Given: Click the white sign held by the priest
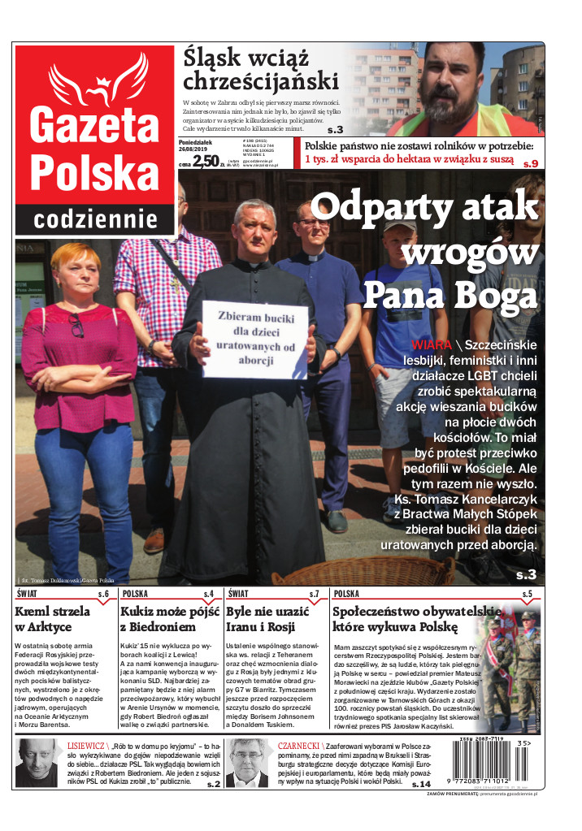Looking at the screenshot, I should click(254, 340).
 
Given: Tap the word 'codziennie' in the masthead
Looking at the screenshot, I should click(96, 219).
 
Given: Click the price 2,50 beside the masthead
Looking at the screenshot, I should click(206, 161).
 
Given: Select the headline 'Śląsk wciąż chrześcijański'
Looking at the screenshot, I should click(260, 69).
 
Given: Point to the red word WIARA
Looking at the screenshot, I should click(432, 344).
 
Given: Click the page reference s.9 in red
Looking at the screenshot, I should click(530, 163).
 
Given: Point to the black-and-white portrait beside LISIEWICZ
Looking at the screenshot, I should click(38, 764).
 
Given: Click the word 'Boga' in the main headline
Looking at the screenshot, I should click(496, 293).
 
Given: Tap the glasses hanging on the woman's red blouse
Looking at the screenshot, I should click(76, 325).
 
